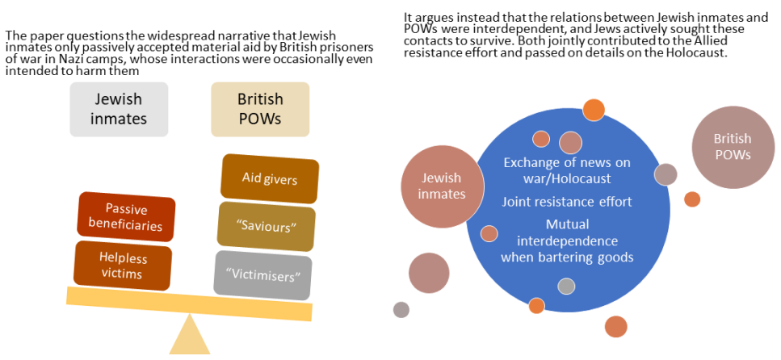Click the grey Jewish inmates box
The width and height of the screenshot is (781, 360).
119,109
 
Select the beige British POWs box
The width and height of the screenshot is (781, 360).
260,109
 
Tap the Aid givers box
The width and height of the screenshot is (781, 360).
270,178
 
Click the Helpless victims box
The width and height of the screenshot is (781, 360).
122,266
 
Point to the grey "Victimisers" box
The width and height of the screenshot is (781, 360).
263,274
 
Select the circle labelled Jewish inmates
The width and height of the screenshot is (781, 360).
442,186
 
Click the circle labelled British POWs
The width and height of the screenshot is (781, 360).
732,147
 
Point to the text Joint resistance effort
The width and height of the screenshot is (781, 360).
567,201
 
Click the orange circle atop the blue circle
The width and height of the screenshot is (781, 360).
594,109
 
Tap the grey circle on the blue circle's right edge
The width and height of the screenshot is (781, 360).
666,174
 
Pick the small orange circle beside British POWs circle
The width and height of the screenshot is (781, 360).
692,199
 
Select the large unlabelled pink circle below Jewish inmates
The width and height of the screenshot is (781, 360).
429,273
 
